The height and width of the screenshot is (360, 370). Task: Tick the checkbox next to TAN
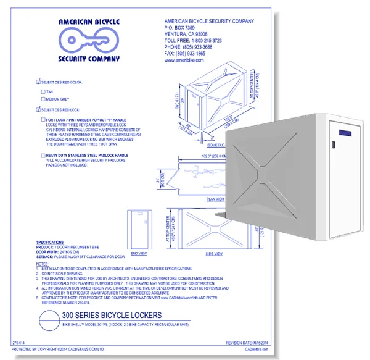(x=43, y=91)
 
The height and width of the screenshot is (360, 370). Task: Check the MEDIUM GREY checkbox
(x=43, y=99)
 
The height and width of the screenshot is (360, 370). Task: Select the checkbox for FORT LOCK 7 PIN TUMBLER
(x=43, y=119)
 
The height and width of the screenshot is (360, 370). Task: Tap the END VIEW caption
(x=139, y=253)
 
